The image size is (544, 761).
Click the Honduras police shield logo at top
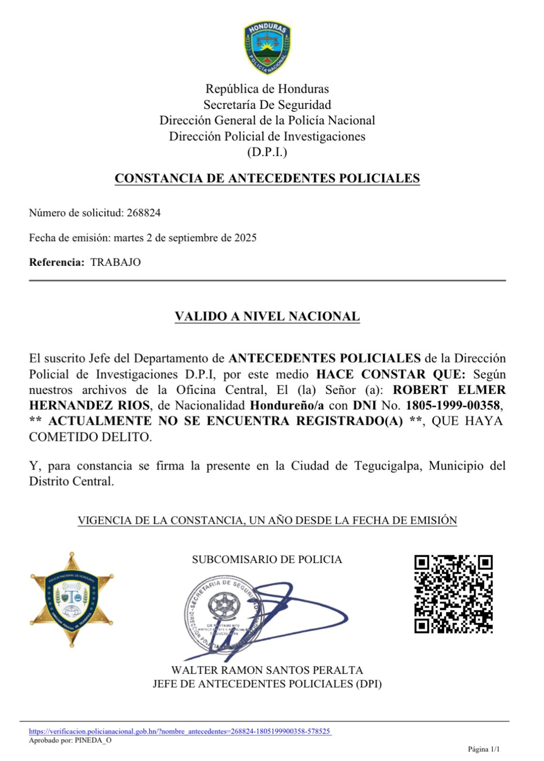click(267, 48)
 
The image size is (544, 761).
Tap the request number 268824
click(143, 213)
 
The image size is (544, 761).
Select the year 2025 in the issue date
click(245, 238)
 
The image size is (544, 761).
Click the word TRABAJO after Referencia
click(115, 262)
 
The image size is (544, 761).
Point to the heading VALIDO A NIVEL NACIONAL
click(267, 316)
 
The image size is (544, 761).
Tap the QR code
click(453, 594)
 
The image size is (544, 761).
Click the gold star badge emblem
click(72, 599)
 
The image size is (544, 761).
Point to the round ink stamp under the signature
click(222, 614)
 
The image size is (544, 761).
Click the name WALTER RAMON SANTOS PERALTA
click(267, 670)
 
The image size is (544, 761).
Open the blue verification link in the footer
click(180, 732)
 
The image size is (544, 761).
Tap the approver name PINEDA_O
click(93, 740)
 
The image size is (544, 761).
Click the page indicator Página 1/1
click(484, 750)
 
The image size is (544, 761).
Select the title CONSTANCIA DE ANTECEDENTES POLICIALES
click(267, 178)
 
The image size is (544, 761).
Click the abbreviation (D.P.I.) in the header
click(267, 152)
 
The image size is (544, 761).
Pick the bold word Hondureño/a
click(287, 406)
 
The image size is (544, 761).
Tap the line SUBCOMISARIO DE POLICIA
click(267, 559)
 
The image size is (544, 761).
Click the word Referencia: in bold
click(57, 262)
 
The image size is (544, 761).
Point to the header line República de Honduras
click(267, 89)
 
